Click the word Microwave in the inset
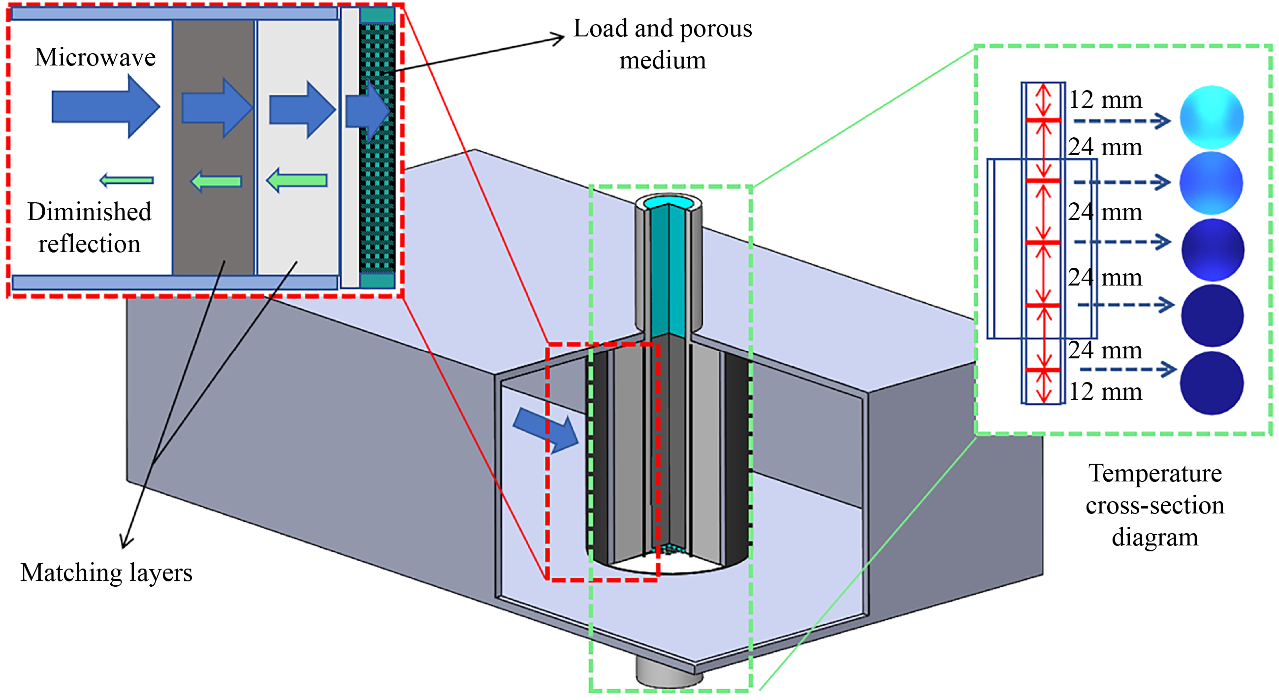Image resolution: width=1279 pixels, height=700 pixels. click(95, 57)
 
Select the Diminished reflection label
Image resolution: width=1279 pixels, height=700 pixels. click(90, 227)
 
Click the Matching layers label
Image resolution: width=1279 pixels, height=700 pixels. click(106, 573)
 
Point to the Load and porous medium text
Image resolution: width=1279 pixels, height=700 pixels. click(662, 44)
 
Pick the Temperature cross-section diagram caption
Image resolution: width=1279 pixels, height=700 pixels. click(1154, 505)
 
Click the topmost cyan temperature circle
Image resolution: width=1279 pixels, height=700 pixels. click(1212, 117)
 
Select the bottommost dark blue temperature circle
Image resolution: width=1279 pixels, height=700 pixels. click(1212, 383)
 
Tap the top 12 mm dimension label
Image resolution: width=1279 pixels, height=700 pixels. click(1105, 100)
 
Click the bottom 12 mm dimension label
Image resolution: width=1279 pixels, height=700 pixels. click(1105, 392)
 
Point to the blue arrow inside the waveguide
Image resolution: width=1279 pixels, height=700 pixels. click(546, 429)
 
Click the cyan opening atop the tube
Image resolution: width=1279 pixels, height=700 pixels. click(669, 202)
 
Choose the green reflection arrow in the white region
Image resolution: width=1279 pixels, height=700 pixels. click(127, 180)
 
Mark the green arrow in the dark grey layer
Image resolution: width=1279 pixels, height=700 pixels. click(217, 181)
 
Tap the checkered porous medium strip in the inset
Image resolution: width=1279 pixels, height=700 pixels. click(377, 149)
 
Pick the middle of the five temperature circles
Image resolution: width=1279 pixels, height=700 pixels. click(1212, 250)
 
